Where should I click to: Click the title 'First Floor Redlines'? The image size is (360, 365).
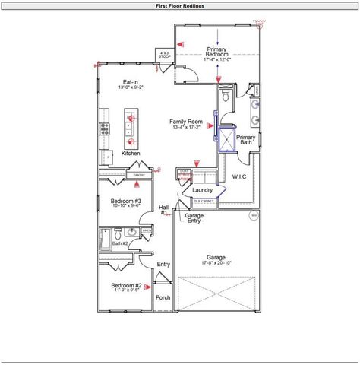pos(179,5)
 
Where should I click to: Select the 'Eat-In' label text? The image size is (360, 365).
pos(130,82)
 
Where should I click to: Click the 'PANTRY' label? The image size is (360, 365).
pos(138,176)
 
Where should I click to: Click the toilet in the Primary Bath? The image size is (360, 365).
pos(226,98)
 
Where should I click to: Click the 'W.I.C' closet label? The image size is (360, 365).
pos(240,177)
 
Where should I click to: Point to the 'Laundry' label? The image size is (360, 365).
pos(203,190)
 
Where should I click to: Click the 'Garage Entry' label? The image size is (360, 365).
pos(194,217)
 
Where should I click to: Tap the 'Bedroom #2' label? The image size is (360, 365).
pos(127,287)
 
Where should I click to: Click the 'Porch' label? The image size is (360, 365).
pos(163,297)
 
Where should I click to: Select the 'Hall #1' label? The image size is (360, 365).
pos(163,209)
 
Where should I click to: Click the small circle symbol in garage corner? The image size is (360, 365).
pos(254,215)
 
